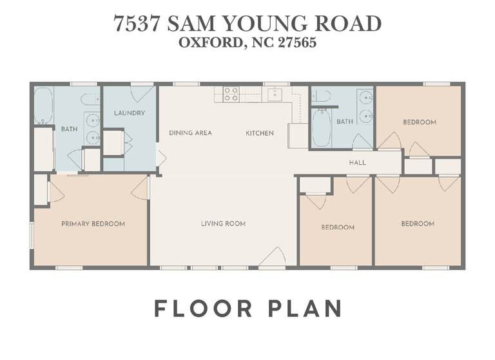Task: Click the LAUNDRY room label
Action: click(130, 113)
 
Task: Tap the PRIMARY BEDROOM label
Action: click(93, 224)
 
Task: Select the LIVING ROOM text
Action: click(224, 223)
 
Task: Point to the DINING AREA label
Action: click(190, 133)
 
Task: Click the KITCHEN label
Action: click(260, 133)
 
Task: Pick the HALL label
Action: click(358, 162)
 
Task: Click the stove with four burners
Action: click(231, 94)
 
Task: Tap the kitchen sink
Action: click(275, 94)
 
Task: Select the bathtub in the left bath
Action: click(43, 106)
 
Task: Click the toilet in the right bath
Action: click(321, 95)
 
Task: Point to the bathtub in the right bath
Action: click(322, 128)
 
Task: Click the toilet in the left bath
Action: click(90, 99)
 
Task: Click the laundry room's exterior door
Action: click(142, 94)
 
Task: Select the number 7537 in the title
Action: click(137, 24)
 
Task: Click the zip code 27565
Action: click(297, 43)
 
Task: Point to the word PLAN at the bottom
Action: click(305, 308)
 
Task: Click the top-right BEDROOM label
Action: click(420, 122)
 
